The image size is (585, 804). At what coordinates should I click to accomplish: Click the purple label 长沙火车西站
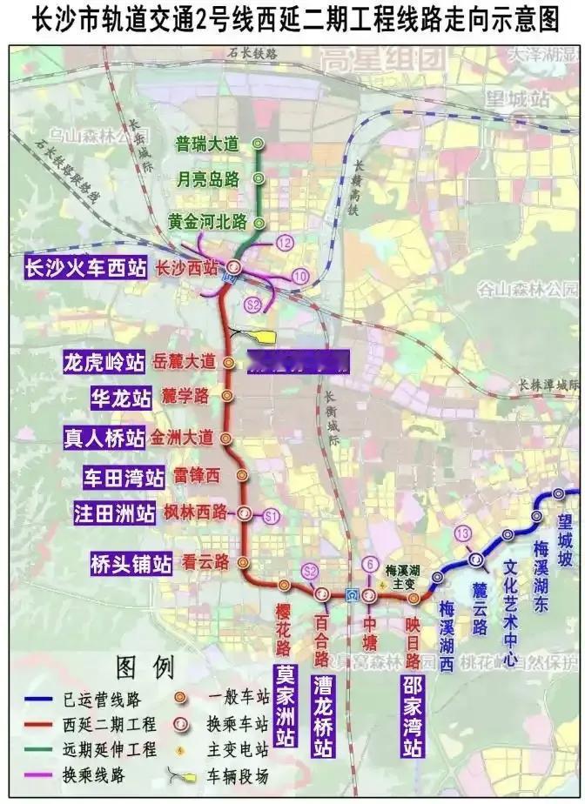pos(85,267)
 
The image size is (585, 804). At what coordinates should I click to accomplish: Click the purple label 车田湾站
pos(124,477)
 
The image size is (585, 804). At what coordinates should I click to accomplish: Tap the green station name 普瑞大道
pos(206,144)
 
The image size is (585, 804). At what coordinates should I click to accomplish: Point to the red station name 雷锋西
pos(198,474)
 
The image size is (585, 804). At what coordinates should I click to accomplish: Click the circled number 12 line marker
pos(285,243)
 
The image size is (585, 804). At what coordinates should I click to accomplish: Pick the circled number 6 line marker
pos(371,563)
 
